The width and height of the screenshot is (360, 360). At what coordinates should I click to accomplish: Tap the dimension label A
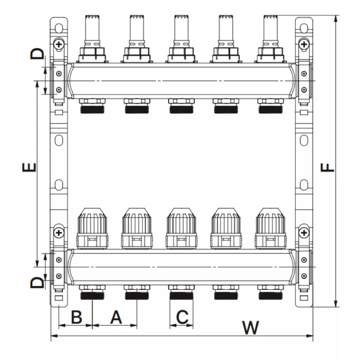(x=116, y=317)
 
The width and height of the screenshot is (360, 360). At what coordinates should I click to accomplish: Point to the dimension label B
(x=76, y=317)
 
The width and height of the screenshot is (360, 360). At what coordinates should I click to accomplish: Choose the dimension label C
(x=181, y=317)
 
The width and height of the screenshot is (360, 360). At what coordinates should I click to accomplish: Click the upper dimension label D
(x=38, y=54)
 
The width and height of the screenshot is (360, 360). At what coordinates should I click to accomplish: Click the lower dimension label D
(x=38, y=283)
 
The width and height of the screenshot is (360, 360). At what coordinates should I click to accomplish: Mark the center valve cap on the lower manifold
(x=181, y=227)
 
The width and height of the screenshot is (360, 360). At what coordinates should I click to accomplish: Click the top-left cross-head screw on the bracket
(x=58, y=44)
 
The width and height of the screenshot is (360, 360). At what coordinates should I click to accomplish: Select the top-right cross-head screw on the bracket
(x=304, y=44)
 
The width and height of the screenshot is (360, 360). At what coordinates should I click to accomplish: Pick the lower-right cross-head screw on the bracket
(x=304, y=233)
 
